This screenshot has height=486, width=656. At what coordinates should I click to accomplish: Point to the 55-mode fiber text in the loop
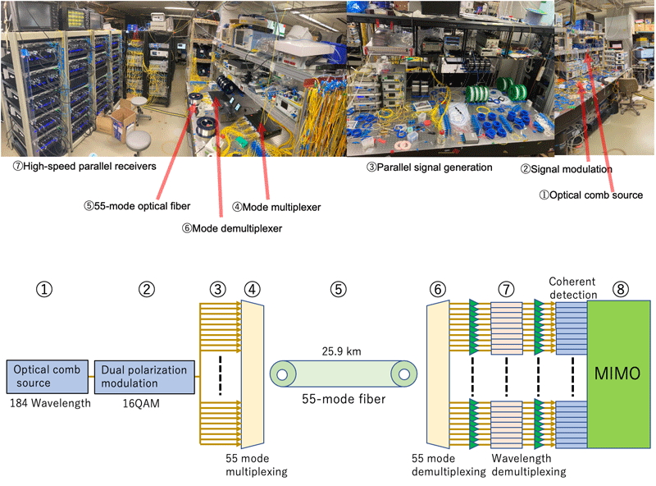[x=342, y=401]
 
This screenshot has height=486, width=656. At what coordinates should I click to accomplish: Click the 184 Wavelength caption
[x=43, y=403]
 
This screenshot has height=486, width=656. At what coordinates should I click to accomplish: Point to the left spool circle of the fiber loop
[x=281, y=377]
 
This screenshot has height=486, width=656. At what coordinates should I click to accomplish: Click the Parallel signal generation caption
[x=428, y=167]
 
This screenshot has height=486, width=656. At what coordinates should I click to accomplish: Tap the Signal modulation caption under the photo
[x=567, y=169]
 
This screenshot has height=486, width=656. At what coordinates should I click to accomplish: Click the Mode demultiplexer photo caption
[x=231, y=228]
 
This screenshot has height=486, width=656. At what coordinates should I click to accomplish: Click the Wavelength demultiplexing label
[x=522, y=465]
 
